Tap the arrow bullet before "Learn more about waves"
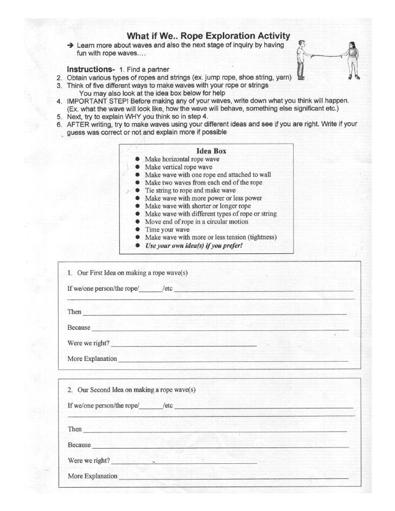click(70, 45)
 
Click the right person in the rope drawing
click(353, 60)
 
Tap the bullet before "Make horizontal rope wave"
click(139, 159)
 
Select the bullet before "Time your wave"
click(139, 229)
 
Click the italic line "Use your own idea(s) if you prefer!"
click(193, 245)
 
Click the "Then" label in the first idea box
click(74, 312)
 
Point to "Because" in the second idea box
click(79, 445)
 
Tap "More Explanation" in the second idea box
click(92, 476)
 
